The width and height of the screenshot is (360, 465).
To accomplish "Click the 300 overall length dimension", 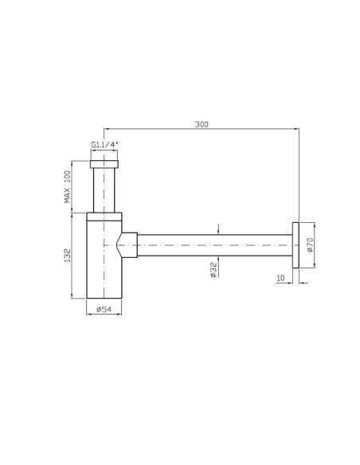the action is (202, 124).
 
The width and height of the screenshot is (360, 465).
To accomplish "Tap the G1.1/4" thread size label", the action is (105, 145).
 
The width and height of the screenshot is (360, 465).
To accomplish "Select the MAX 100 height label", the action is (68, 186).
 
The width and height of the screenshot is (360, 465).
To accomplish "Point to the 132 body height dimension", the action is (68, 256).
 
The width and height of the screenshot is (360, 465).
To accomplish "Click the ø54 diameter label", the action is (104, 309).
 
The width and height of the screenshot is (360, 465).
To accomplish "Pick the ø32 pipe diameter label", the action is (213, 270).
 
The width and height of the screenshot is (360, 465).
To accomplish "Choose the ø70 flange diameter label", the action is (310, 245).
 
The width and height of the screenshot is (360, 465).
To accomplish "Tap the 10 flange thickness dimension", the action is (280, 278).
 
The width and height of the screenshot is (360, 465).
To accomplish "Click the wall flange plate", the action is (295, 245).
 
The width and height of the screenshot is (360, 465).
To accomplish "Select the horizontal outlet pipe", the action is (215, 245).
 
